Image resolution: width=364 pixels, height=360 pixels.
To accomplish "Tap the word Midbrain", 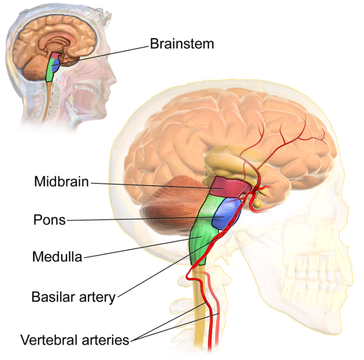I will pos(62,181).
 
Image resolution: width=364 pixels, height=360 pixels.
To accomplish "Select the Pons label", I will pos(49,220).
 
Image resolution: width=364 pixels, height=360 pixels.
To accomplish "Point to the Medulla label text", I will pos(57,256).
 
